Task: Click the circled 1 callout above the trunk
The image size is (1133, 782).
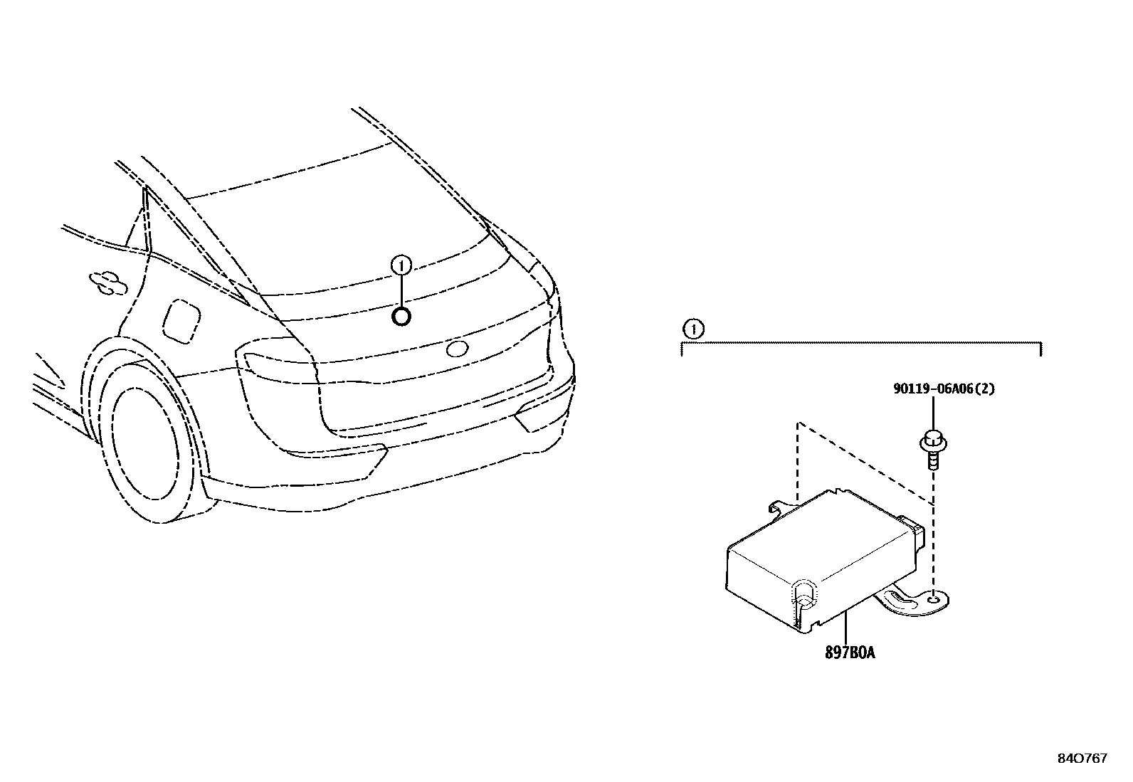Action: [x=401, y=266]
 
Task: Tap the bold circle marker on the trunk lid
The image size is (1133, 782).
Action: [x=401, y=317]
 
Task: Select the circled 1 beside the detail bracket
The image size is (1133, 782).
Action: [x=692, y=329]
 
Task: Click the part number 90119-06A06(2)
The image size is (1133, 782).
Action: [x=944, y=389]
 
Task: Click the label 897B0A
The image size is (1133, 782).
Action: [x=850, y=651]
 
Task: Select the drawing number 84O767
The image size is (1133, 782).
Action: [x=1082, y=759]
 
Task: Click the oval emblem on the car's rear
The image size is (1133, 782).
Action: [x=456, y=349]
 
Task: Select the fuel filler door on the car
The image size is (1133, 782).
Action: [x=181, y=322]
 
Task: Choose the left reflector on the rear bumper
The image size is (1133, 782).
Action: [x=334, y=456]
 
